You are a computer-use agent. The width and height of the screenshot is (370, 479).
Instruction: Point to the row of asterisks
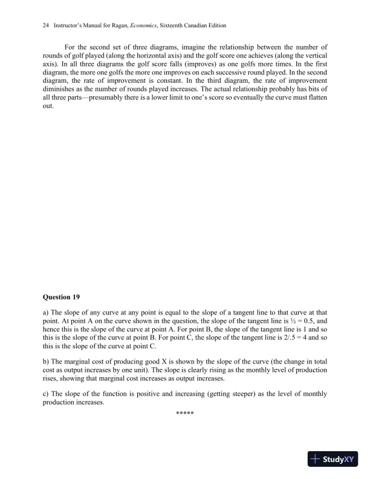click(x=184, y=412)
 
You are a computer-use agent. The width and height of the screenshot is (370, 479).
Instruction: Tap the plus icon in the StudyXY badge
click(x=315, y=458)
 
